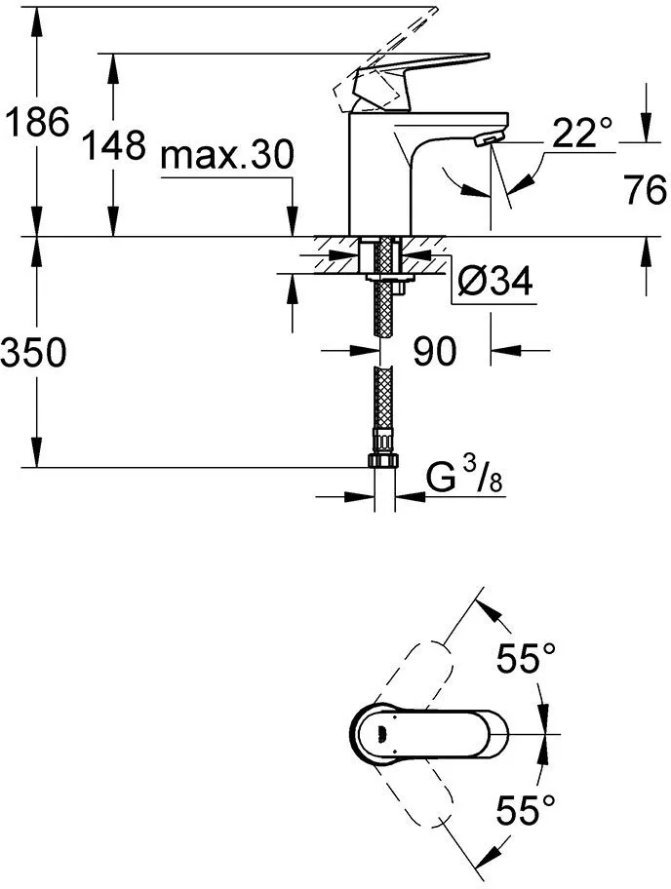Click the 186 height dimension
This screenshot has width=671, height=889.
pyautogui.click(x=36, y=124)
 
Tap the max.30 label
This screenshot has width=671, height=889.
pyautogui.click(x=227, y=154)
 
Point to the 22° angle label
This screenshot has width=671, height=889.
pyautogui.click(x=582, y=133)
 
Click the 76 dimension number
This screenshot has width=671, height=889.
pyautogui.click(x=644, y=190)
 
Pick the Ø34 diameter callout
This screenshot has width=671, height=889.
pyautogui.click(x=495, y=283)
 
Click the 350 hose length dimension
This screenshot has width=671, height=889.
pyautogui.click(x=34, y=353)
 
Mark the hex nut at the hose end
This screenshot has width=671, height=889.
pyautogui.click(x=383, y=461)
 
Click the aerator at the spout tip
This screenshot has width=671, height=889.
pyautogui.click(x=484, y=143)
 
